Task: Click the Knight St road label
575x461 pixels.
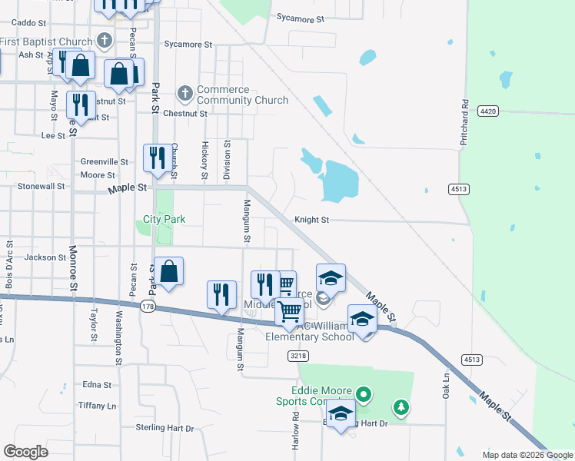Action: (x=311, y=220)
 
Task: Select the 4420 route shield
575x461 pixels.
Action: (x=487, y=111)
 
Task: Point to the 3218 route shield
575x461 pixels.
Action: (x=300, y=356)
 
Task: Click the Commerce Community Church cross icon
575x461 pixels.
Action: (x=184, y=94)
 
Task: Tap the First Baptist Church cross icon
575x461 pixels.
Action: (x=105, y=41)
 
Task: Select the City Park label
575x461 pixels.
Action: (x=165, y=219)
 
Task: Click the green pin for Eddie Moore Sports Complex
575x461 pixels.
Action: (x=365, y=396)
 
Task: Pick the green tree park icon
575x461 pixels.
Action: (x=400, y=406)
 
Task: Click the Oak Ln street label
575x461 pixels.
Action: (x=446, y=387)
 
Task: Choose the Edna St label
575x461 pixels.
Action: (x=97, y=385)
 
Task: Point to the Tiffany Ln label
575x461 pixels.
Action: (x=97, y=405)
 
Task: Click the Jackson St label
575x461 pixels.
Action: (x=45, y=257)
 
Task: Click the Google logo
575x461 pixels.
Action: (x=25, y=451)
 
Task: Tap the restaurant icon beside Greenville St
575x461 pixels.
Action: (x=156, y=158)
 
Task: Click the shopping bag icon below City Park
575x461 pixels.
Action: (x=169, y=270)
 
